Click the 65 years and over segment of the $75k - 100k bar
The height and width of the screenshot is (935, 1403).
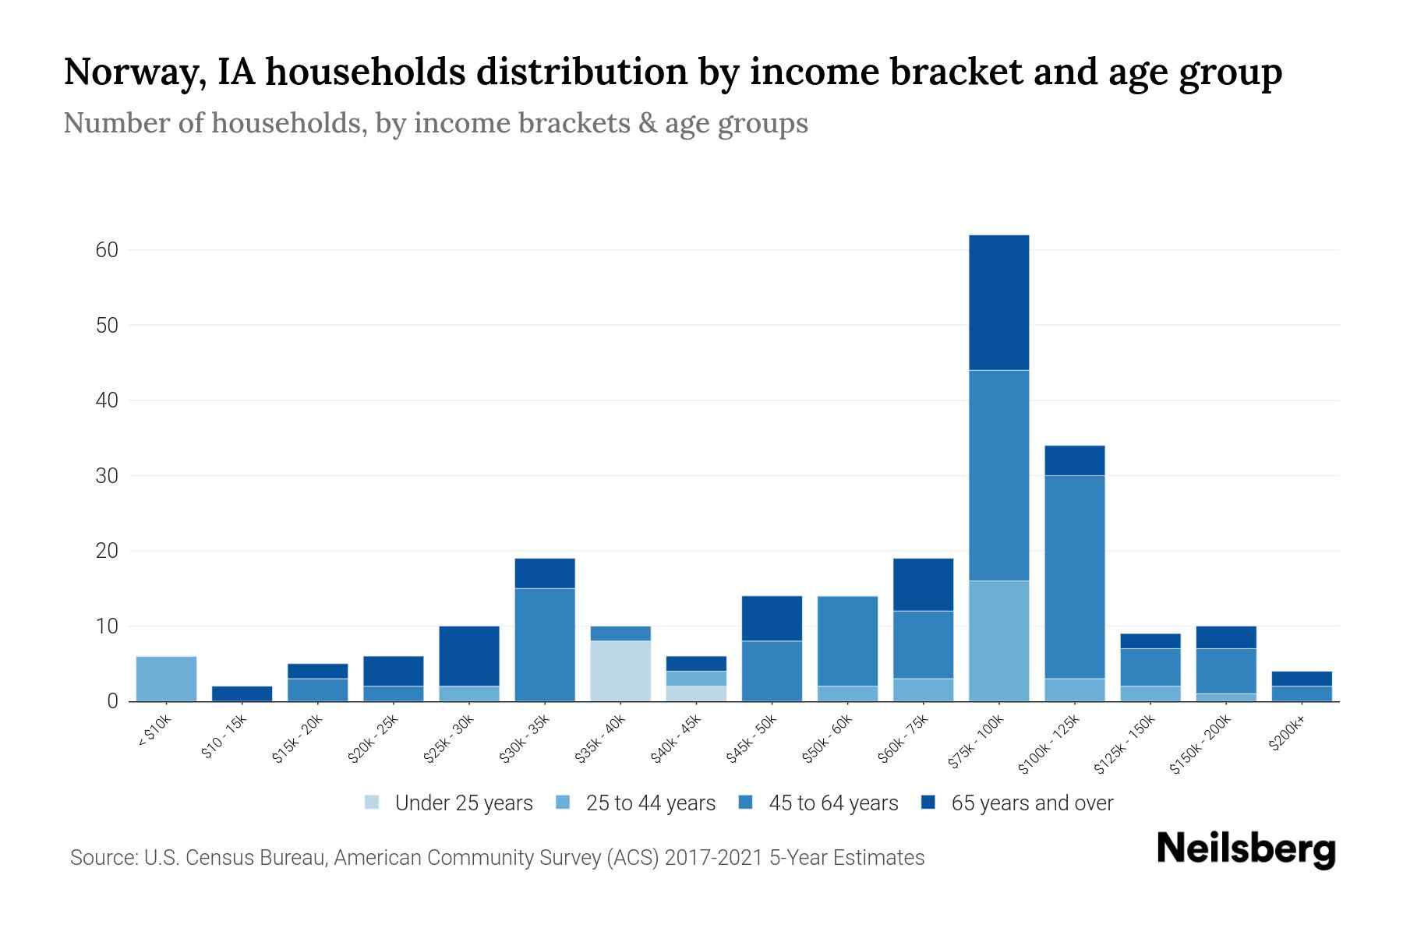998,302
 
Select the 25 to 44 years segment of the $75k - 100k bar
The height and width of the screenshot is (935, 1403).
998,640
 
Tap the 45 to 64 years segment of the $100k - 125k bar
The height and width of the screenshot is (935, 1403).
1074,577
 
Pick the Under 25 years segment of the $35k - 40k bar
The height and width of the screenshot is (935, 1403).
620,671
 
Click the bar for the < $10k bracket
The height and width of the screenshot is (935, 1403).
166,679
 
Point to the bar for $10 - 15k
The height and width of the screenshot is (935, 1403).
242,693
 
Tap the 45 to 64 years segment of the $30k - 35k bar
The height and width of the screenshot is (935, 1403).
545,644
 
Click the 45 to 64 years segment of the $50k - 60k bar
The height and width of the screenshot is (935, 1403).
847,640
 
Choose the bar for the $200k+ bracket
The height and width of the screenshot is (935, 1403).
1302,686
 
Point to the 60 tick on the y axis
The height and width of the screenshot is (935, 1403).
107,250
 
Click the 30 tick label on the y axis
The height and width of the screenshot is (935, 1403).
107,476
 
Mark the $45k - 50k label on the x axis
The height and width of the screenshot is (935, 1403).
751,739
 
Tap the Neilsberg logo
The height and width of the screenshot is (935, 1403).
1246,849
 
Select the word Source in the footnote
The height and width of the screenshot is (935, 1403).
101,858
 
